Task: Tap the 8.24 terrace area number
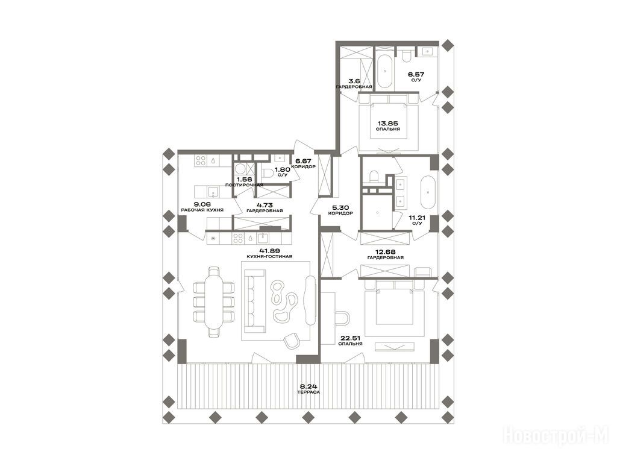point(308,386)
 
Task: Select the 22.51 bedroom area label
point(350,338)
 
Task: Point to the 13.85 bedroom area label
point(387,123)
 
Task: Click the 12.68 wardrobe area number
point(385,252)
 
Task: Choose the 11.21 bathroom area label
point(417,218)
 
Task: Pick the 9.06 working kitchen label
point(202,204)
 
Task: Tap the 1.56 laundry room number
point(245,179)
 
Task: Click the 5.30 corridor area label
point(340,207)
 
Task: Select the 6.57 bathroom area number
point(416,74)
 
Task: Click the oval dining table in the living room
point(214,303)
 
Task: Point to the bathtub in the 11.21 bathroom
point(429,194)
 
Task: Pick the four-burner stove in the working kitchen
point(200,160)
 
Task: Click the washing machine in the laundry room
point(240,169)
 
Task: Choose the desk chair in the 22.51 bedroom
point(342,318)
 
